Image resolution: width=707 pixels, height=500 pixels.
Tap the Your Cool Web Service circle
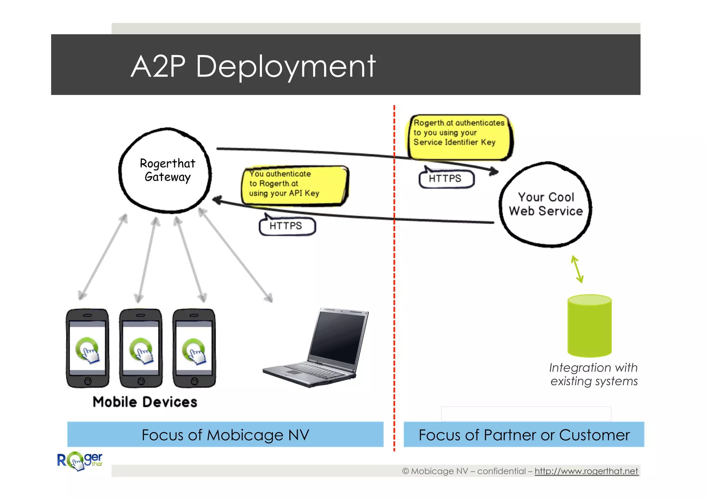(x=545, y=204)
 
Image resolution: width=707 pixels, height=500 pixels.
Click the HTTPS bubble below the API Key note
(x=287, y=226)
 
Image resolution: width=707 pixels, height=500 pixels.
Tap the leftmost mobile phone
(x=87, y=348)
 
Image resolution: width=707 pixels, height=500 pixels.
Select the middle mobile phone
(x=141, y=348)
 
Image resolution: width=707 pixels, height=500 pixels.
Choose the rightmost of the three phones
(x=194, y=348)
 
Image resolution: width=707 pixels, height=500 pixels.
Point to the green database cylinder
(x=589, y=326)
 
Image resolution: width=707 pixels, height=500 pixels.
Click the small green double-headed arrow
(x=577, y=270)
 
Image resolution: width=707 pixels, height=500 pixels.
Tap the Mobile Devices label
(x=145, y=402)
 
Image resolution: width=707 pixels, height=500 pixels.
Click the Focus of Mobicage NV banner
(x=225, y=434)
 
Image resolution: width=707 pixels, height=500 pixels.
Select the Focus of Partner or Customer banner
(x=524, y=434)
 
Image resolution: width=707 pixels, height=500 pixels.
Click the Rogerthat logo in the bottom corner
(x=80, y=461)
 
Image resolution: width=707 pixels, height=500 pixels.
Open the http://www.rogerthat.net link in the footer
(x=586, y=471)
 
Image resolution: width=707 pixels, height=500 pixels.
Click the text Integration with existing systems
(x=593, y=374)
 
